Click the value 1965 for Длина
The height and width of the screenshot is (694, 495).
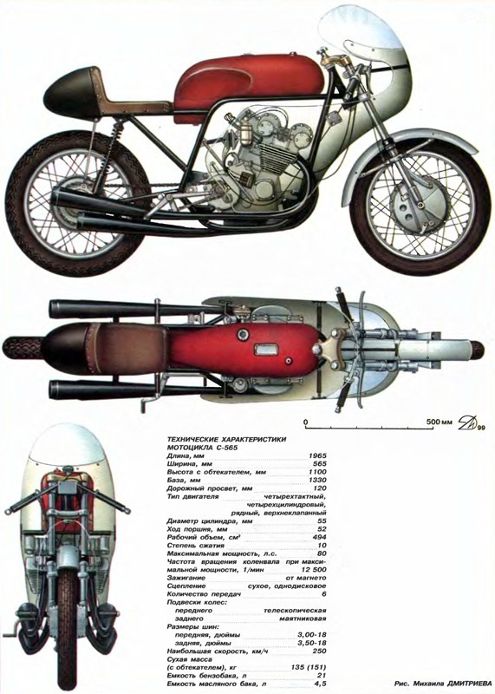317,455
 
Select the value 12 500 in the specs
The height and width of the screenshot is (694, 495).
312,570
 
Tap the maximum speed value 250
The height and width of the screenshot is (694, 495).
319,651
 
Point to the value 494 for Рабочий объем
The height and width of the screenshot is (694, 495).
319,537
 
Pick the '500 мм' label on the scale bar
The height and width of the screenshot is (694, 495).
440,422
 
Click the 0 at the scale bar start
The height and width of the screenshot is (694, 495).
306,422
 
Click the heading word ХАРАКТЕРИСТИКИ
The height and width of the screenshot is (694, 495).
253,440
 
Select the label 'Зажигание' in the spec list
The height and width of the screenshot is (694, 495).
186,578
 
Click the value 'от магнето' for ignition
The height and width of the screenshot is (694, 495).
306,578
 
